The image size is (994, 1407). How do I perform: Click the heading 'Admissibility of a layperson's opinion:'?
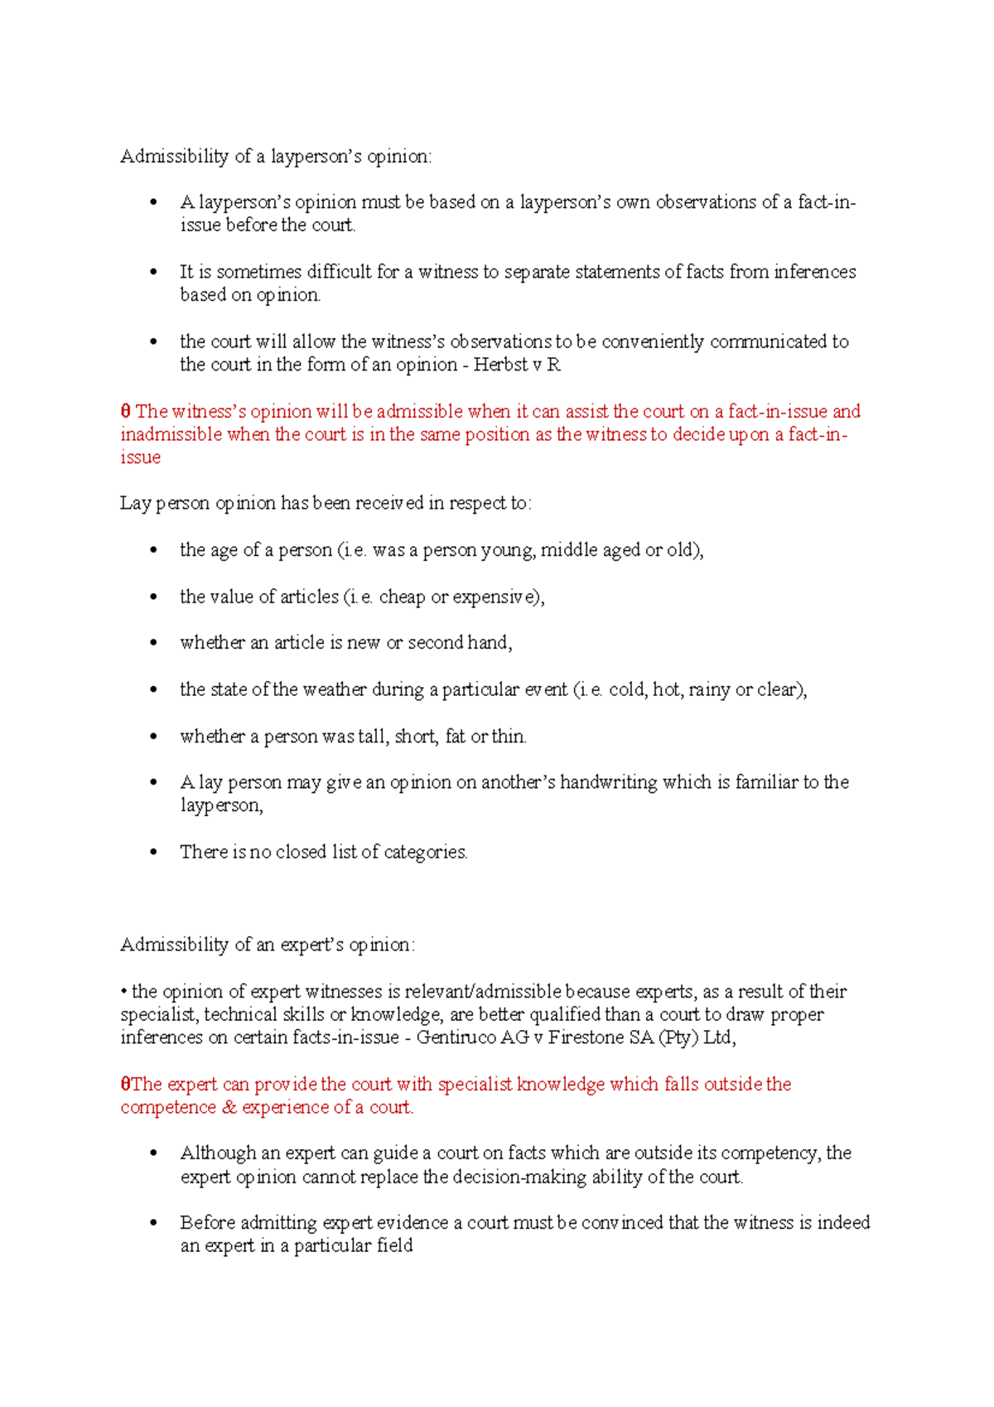[x=276, y=157]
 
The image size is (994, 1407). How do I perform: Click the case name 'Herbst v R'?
[x=517, y=365]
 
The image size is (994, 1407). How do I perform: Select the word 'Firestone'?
[x=586, y=1037]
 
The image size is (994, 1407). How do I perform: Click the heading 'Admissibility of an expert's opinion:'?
[x=268, y=945]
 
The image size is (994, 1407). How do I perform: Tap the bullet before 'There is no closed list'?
[x=153, y=852]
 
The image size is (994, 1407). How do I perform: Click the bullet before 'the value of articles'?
[x=153, y=597]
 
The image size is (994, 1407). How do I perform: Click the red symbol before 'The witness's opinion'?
[x=125, y=412]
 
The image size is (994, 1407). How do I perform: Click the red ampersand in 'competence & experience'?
[x=229, y=1107]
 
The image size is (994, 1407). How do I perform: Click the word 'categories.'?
[x=426, y=852]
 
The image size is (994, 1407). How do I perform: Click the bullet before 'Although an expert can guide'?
[x=153, y=1153]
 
